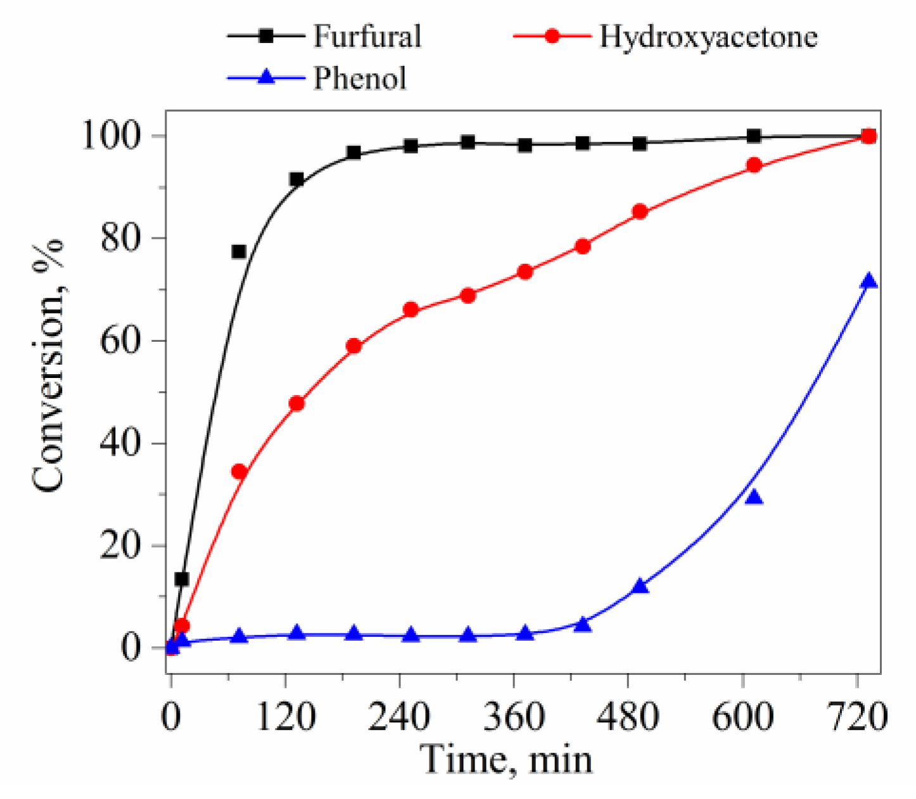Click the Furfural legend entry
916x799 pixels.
coord(367,36)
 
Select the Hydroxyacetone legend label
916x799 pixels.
coord(708,36)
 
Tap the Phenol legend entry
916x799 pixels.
coord(359,79)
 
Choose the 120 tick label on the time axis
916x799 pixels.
coord(286,718)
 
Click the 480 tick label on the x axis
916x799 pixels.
coord(628,718)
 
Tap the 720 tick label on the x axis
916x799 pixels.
coord(856,718)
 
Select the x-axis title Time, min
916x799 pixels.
coord(507,759)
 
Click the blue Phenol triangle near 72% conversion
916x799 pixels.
coord(869,280)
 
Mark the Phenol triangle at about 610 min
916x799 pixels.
coord(754,497)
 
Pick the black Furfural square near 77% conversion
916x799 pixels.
coord(239,252)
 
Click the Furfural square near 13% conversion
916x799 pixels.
coord(182,579)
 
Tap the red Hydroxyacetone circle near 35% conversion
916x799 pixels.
coord(239,472)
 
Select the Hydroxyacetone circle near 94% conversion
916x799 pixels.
coord(754,165)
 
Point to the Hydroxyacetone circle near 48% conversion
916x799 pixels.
coord(296,403)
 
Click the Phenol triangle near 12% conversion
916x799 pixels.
coord(640,586)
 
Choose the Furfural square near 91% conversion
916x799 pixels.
coord(296,180)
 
